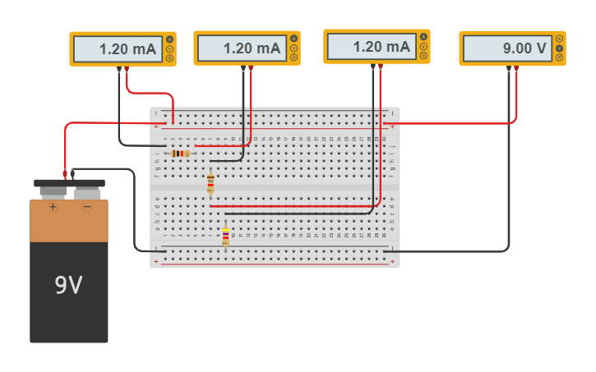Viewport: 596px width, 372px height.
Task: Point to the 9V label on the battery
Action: (x=68, y=286)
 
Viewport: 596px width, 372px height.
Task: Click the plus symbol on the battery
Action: (x=53, y=207)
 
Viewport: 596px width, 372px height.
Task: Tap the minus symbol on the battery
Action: (x=86, y=207)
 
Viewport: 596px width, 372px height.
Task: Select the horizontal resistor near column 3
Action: (x=180, y=154)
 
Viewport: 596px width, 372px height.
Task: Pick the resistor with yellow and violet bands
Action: (x=225, y=237)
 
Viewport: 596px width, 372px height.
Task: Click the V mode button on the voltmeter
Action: (x=559, y=48)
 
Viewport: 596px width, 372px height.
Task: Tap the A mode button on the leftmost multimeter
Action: (x=169, y=39)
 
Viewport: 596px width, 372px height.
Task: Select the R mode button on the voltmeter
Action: (x=559, y=57)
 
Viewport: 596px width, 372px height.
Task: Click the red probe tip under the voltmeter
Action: (x=516, y=69)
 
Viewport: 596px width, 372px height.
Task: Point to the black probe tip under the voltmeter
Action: (x=509, y=69)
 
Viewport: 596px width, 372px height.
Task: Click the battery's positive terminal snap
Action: (x=53, y=191)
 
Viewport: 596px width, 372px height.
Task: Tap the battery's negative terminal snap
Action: (x=86, y=191)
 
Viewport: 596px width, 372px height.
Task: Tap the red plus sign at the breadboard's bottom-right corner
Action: (x=393, y=262)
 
